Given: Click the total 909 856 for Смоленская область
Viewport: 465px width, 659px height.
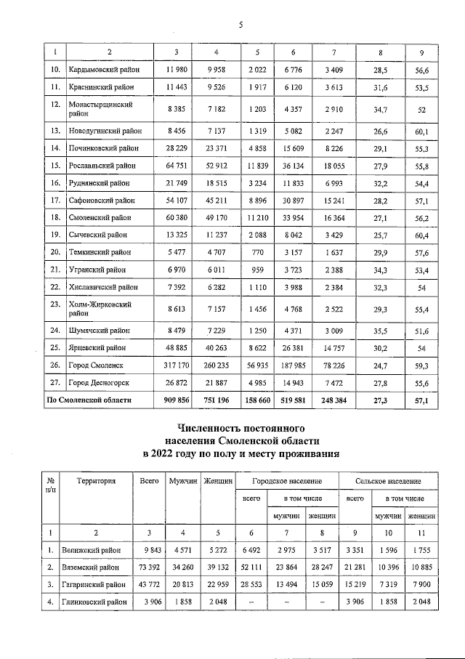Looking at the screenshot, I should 171,400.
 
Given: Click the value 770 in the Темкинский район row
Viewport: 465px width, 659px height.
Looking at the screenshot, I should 256,251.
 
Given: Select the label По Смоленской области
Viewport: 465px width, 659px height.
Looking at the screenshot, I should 89,400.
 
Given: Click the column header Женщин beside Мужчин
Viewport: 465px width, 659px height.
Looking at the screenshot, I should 217,480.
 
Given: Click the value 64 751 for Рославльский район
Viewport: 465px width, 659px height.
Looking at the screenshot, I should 171,165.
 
